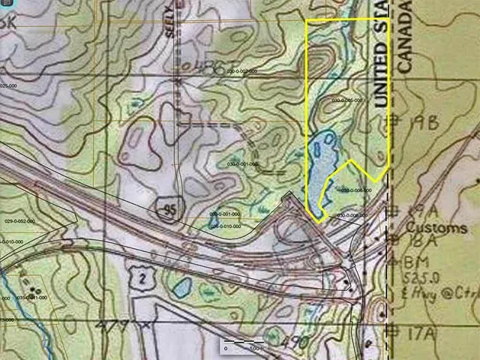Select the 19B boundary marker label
(x=424, y=124)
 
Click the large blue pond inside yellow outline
(x=320, y=165)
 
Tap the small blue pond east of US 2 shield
(x=181, y=286)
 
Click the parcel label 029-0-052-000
(x=20, y=221)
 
